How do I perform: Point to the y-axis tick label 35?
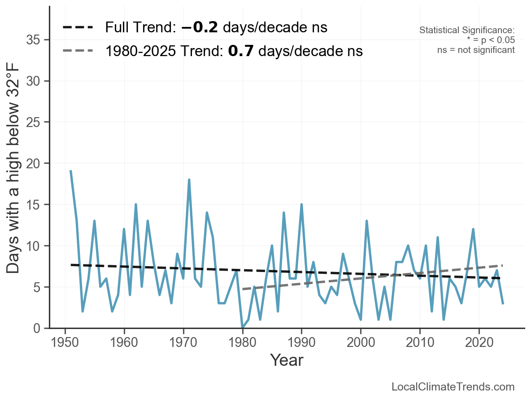point(35,40)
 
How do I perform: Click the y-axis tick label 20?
point(35,163)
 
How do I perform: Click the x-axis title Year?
point(286,360)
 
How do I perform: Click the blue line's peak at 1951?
point(71,171)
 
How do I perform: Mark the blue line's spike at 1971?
point(189,180)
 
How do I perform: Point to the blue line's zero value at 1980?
point(242,327)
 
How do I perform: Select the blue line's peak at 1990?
point(301,204)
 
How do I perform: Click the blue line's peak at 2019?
point(473,229)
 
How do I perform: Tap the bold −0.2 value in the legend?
point(200,28)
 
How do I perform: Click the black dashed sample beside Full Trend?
point(78,28)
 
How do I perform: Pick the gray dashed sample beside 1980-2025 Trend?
point(78,51)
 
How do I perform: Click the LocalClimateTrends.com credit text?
point(453,387)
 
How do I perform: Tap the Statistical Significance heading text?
point(467,31)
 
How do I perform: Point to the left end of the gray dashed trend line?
point(243,289)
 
